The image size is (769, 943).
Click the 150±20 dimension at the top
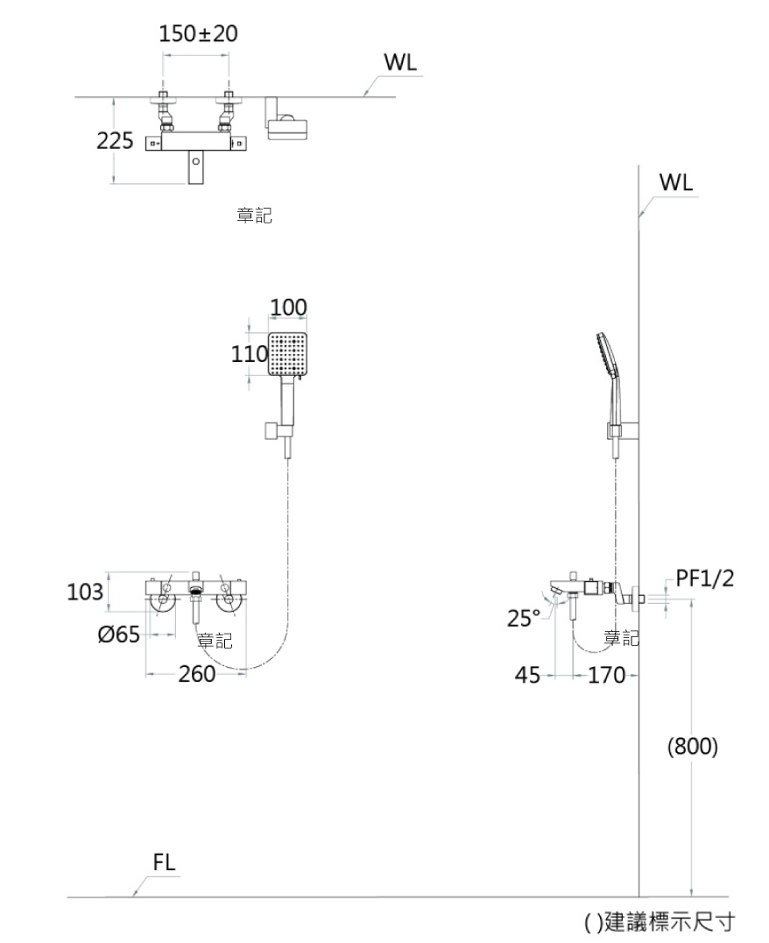tap(198, 34)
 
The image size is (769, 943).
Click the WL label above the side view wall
tap(675, 184)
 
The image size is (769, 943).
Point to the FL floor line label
tap(164, 861)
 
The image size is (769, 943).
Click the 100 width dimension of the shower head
tap(288, 307)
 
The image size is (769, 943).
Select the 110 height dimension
tap(248, 355)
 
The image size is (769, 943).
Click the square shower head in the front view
tap(286, 355)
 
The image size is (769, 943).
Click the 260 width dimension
tap(197, 674)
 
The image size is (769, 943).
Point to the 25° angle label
tap(524, 619)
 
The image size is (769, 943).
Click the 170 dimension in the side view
tap(604, 675)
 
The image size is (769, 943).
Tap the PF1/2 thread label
tap(705, 578)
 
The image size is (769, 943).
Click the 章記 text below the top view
tap(254, 216)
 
